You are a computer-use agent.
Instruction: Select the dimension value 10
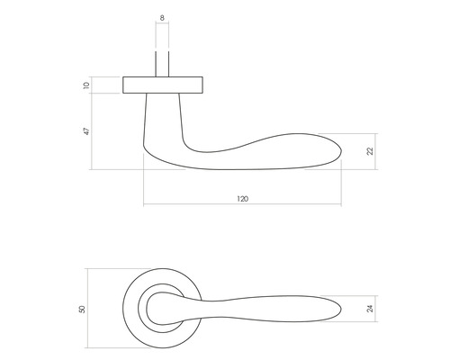click(86, 86)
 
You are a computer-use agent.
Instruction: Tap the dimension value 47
click(86, 131)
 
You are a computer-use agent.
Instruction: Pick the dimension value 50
click(82, 309)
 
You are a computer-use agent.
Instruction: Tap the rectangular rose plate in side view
click(162, 85)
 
